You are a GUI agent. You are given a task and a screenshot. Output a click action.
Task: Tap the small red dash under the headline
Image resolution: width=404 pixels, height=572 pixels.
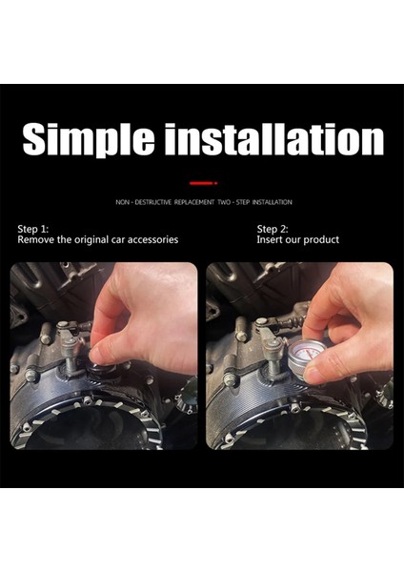pos(201,181)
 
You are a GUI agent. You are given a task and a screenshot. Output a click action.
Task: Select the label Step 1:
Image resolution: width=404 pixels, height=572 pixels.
pos(33,229)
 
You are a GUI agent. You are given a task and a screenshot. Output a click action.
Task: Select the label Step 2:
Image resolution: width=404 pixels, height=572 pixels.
pos(272,229)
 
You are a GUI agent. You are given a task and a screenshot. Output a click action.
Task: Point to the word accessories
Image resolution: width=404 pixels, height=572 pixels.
pos(151,240)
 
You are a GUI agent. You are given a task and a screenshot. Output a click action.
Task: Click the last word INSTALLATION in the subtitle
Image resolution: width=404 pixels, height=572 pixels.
pos(272,202)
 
